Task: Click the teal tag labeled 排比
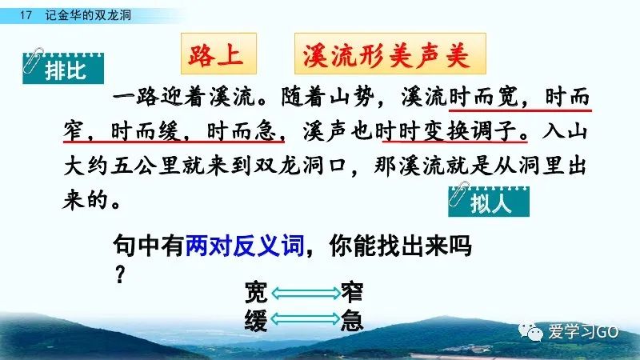click(63, 68)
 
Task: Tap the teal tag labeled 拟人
click(489, 202)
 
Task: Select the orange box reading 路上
click(218, 54)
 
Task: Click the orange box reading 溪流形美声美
click(390, 54)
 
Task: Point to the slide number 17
click(26, 15)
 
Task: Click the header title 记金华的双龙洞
click(88, 15)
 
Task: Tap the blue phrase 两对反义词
click(245, 246)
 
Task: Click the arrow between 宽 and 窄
click(306, 293)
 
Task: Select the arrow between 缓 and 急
click(306, 318)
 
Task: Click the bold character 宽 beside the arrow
click(256, 293)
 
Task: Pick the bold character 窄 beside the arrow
click(352, 293)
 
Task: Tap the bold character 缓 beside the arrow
click(256, 319)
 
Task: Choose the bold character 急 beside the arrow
click(352, 319)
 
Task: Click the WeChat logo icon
click(530, 332)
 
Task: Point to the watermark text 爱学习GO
click(584, 332)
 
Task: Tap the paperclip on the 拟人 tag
click(458, 194)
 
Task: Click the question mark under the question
click(119, 274)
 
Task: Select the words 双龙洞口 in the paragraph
click(301, 166)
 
